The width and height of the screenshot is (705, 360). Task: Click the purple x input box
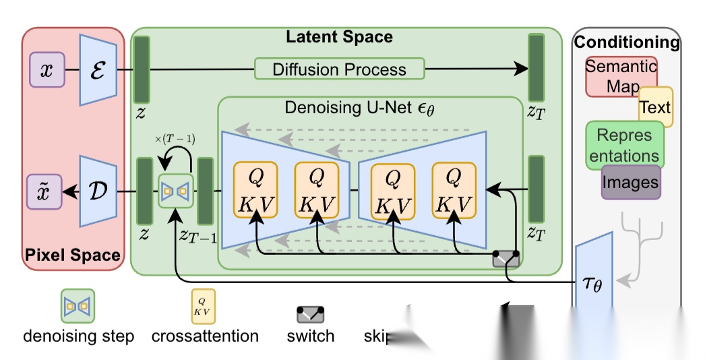click(47, 71)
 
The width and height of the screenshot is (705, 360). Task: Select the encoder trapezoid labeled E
click(99, 69)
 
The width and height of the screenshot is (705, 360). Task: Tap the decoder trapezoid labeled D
click(98, 191)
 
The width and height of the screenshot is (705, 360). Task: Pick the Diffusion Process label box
click(340, 69)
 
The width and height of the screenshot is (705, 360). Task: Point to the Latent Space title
click(339, 36)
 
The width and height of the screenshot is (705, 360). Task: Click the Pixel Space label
click(73, 255)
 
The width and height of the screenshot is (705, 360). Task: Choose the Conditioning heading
click(627, 42)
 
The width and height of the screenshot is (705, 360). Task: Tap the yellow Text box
click(655, 107)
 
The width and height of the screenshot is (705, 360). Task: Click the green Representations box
click(625, 144)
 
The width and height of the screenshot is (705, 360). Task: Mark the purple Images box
click(630, 181)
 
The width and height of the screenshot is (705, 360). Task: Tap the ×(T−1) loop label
click(175, 140)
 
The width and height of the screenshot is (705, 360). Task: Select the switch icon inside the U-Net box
click(506, 258)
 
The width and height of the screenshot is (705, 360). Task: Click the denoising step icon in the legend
click(78, 305)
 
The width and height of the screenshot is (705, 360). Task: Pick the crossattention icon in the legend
click(204, 307)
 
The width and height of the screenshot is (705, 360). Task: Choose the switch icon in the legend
click(311, 312)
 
